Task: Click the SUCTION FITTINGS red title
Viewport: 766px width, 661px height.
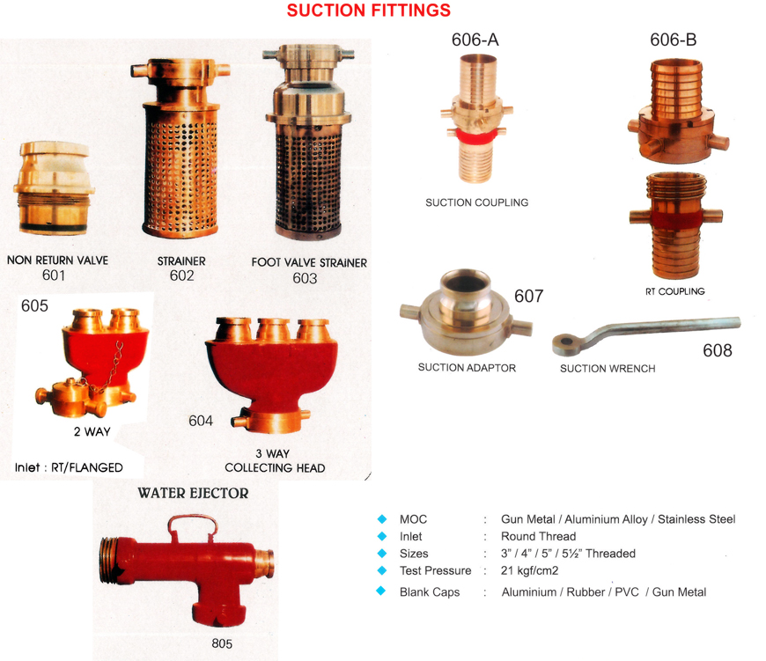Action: [x=368, y=11]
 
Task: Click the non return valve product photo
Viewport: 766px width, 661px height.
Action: [x=54, y=188]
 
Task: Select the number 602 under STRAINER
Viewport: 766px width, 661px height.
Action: [x=181, y=275]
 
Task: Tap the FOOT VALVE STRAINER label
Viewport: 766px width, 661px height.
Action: [x=309, y=262]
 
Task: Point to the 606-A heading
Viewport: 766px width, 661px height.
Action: [x=475, y=40]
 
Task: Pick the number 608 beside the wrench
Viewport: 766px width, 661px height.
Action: [x=718, y=350]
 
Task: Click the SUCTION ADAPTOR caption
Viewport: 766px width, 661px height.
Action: [x=467, y=368]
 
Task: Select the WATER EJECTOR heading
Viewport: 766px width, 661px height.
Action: [x=193, y=493]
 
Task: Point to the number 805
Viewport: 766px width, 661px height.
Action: [x=222, y=643]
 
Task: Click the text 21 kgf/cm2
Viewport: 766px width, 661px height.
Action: [x=529, y=570]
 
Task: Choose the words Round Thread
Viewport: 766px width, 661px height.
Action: [x=538, y=537]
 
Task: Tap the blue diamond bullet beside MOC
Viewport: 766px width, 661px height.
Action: [x=382, y=519]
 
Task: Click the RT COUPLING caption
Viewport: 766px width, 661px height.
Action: [x=675, y=291]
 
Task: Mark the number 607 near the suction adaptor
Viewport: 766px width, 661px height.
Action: [x=528, y=296]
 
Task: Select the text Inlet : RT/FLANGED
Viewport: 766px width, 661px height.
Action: [x=69, y=467]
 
